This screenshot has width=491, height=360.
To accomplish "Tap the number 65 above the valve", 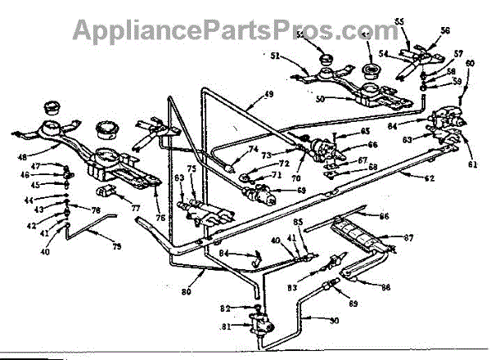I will (x=366, y=131).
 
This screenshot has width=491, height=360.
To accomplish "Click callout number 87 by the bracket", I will (x=410, y=238).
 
